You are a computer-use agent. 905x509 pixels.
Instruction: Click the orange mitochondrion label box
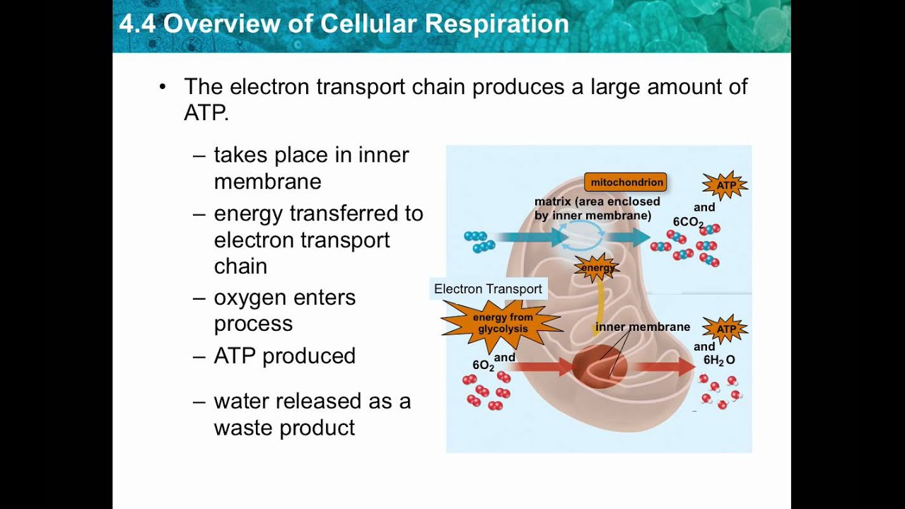tap(625, 182)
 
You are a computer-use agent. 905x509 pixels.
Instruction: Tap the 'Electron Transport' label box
tap(488, 289)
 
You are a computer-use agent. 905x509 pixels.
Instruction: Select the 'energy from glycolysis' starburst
tap(503, 323)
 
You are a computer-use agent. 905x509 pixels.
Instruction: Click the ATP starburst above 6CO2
tap(725, 185)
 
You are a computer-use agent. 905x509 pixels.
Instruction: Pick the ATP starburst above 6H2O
tap(725, 329)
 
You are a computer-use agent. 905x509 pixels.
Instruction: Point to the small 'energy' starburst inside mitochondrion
tap(597, 268)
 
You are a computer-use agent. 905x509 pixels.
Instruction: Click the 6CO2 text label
tap(687, 222)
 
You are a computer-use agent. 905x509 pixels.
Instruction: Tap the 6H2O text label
tap(718, 360)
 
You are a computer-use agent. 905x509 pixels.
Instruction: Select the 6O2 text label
tap(483, 365)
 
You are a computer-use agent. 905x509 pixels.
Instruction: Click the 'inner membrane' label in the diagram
tap(642, 327)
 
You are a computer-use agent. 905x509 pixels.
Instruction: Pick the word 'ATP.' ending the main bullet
tap(206, 113)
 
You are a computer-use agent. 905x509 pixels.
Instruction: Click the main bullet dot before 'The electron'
tap(163, 87)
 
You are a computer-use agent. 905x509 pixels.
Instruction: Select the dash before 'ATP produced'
tap(199, 356)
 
